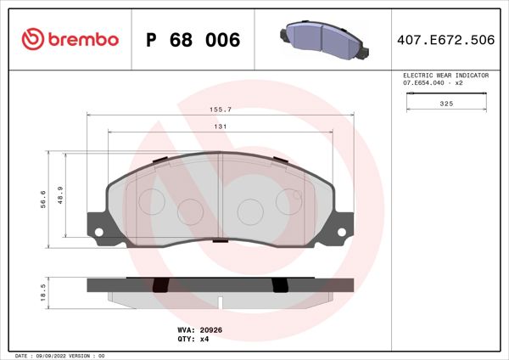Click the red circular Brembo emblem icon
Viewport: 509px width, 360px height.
[x=31, y=39]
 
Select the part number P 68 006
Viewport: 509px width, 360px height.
[x=193, y=40]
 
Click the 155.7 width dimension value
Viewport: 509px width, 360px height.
[x=221, y=110]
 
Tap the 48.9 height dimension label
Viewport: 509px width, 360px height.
[x=59, y=194]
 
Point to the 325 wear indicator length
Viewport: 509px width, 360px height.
[x=446, y=103]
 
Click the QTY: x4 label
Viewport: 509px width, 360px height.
[x=193, y=338]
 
